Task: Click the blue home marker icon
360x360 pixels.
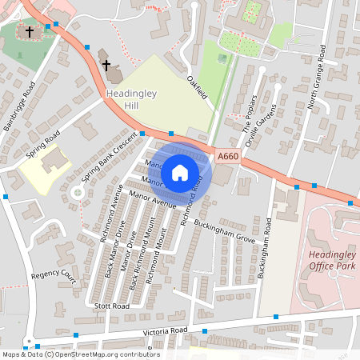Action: coord(180,173)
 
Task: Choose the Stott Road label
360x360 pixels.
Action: coord(110,306)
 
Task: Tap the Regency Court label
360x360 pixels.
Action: coord(53,276)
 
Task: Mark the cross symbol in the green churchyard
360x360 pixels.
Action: coord(30,33)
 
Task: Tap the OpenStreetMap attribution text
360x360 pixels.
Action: coord(80,354)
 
